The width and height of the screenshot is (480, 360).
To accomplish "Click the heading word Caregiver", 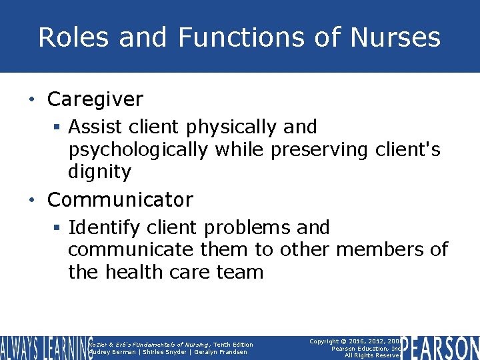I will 95,100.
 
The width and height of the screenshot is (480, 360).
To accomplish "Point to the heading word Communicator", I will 120,200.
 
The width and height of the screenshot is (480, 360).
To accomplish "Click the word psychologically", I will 138,150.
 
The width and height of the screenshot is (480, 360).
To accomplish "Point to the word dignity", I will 100,173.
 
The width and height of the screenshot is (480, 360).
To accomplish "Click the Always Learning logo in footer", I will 45,348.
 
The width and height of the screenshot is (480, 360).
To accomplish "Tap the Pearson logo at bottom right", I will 440,348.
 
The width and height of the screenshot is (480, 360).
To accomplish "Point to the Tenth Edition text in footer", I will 233,344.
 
